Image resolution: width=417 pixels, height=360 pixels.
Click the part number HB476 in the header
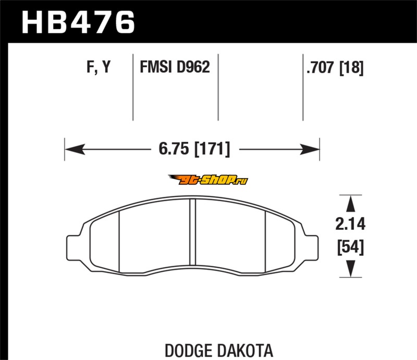click(x=78, y=22)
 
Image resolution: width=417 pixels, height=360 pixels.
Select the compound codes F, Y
click(x=99, y=67)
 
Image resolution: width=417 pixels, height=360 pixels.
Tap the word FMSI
click(x=156, y=67)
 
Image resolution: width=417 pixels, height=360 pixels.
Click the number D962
click(x=193, y=67)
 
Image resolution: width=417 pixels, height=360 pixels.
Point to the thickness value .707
click(x=320, y=67)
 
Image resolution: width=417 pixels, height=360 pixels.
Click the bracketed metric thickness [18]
click(x=351, y=68)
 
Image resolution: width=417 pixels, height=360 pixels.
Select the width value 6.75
click(x=174, y=148)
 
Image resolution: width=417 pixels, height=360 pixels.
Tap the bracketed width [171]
click(x=212, y=149)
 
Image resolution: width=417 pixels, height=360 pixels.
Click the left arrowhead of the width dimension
click(x=75, y=149)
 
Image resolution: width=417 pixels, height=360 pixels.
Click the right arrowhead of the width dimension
click(x=309, y=149)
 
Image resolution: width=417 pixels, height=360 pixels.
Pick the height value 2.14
click(x=350, y=224)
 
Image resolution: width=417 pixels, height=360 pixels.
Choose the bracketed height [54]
click(x=350, y=247)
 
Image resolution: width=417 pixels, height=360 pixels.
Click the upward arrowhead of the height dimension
click(x=351, y=204)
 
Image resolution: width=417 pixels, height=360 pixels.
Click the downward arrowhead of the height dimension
click(x=351, y=268)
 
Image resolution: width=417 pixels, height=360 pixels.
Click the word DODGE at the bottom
click(x=189, y=351)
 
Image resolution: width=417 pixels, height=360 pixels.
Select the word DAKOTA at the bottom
click(x=245, y=351)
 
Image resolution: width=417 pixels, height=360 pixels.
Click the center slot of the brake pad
click(x=193, y=232)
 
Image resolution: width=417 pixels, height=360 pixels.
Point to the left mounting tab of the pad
click(x=73, y=247)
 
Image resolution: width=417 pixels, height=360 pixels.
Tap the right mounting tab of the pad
click(x=311, y=247)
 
